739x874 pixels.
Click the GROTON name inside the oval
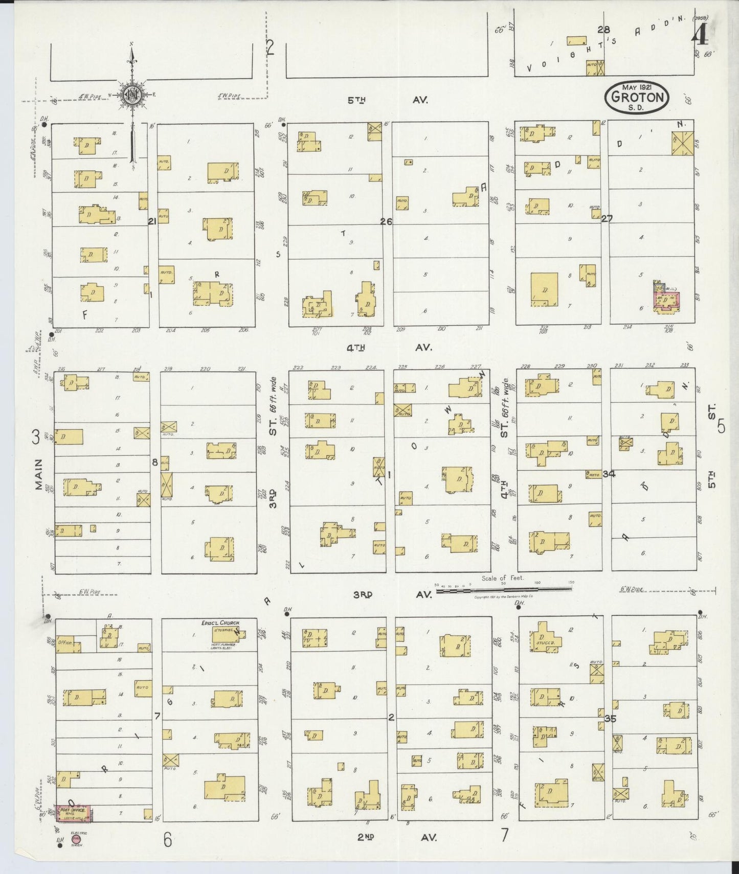[637, 97]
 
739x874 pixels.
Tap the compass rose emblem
[131, 95]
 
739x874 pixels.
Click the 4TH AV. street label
[389, 348]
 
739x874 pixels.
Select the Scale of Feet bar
[504, 590]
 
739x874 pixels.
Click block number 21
[152, 221]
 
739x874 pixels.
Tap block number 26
[386, 221]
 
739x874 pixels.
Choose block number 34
[609, 474]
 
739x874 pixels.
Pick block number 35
[610, 718]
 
